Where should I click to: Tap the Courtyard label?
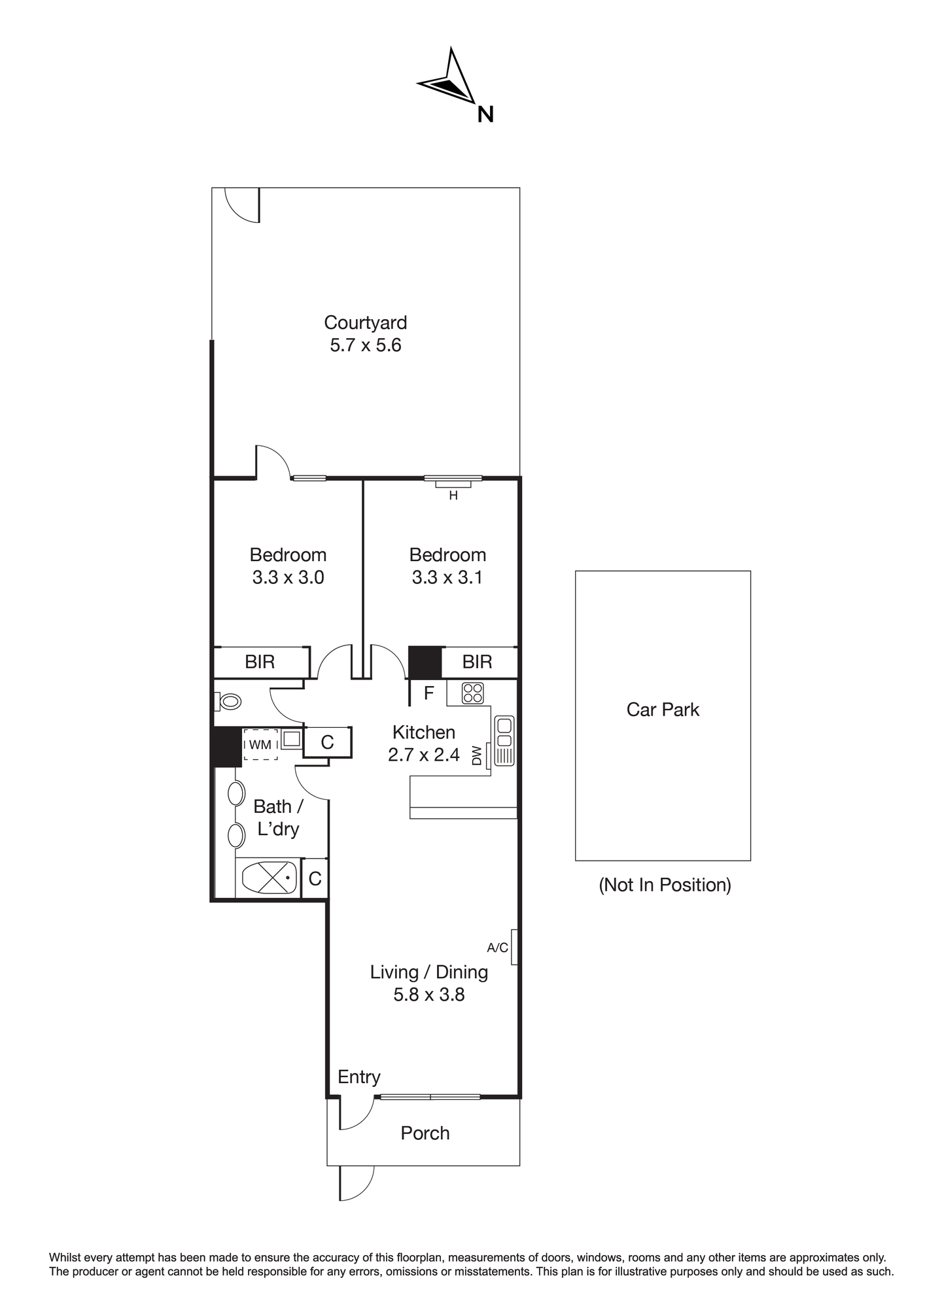tap(366, 322)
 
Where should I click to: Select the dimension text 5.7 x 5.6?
tap(366, 345)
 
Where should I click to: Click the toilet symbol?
tap(228, 702)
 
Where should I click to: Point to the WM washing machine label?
tap(260, 744)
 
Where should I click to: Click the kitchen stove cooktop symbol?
tap(472, 693)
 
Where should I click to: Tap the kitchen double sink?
tap(504, 732)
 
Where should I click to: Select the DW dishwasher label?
tap(477, 755)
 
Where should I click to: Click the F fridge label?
tap(429, 693)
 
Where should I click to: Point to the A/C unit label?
tap(498, 947)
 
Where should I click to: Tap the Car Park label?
tap(663, 710)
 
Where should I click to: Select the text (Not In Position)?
tap(665, 885)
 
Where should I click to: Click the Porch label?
tap(425, 1133)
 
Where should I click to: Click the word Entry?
tap(359, 1077)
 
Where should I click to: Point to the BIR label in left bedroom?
tap(260, 662)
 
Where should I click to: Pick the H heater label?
tap(453, 496)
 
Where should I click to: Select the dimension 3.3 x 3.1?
tap(447, 577)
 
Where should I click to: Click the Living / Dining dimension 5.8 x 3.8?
tap(429, 995)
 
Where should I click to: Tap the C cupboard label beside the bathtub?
tap(315, 879)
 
